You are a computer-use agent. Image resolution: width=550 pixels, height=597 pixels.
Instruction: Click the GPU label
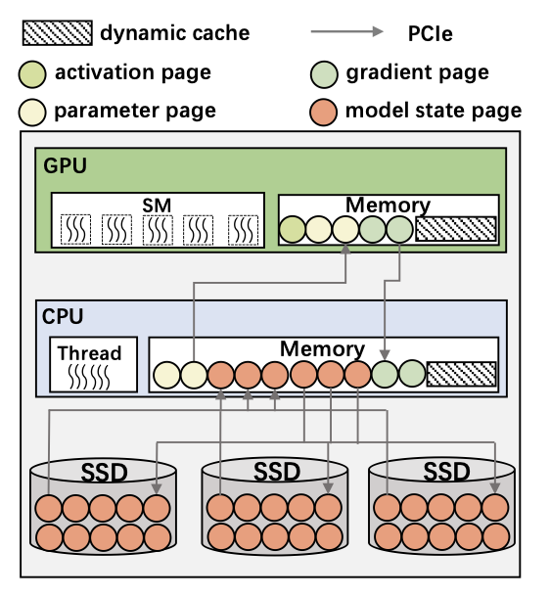pyautogui.click(x=66, y=166)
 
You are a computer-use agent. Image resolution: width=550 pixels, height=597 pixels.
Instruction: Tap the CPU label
pyautogui.click(x=63, y=317)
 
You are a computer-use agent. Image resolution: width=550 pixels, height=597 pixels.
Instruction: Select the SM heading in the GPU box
pyautogui.click(x=157, y=206)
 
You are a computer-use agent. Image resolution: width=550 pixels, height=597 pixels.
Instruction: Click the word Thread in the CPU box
pyautogui.click(x=90, y=353)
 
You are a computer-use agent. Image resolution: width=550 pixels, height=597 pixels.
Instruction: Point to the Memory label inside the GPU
pyautogui.click(x=388, y=206)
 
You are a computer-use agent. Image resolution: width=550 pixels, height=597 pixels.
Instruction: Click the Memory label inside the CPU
pyautogui.click(x=322, y=349)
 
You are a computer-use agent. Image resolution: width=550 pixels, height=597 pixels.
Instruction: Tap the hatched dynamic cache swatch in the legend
pyautogui.click(x=58, y=33)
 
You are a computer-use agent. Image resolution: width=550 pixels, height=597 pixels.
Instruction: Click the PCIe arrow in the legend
pyautogui.click(x=346, y=31)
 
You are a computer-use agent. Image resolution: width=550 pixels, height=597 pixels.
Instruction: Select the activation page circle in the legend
pyautogui.click(x=32, y=74)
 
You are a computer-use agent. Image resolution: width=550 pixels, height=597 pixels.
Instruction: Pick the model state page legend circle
pyautogui.click(x=324, y=112)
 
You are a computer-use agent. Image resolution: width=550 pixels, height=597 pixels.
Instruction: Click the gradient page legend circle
pyautogui.click(x=324, y=74)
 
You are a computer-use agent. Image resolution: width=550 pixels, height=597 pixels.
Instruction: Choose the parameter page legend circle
pyautogui.click(x=32, y=113)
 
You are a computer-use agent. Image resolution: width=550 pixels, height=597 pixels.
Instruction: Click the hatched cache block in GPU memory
pyautogui.click(x=456, y=229)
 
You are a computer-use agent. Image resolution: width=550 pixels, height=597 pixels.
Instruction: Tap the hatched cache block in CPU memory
pyautogui.click(x=462, y=374)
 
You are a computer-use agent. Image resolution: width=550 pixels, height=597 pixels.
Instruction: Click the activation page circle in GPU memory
pyautogui.click(x=293, y=230)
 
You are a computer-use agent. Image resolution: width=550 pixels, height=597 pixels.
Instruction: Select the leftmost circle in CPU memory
pyautogui.click(x=166, y=375)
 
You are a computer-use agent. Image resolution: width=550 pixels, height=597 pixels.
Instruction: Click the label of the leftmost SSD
pyautogui.click(x=104, y=473)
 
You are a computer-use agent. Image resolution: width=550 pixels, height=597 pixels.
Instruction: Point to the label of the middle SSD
pyautogui.click(x=277, y=472)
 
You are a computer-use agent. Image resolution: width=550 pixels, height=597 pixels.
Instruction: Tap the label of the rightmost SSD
pyautogui.click(x=446, y=472)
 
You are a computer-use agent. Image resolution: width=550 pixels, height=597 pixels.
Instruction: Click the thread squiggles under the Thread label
pyautogui.click(x=89, y=377)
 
